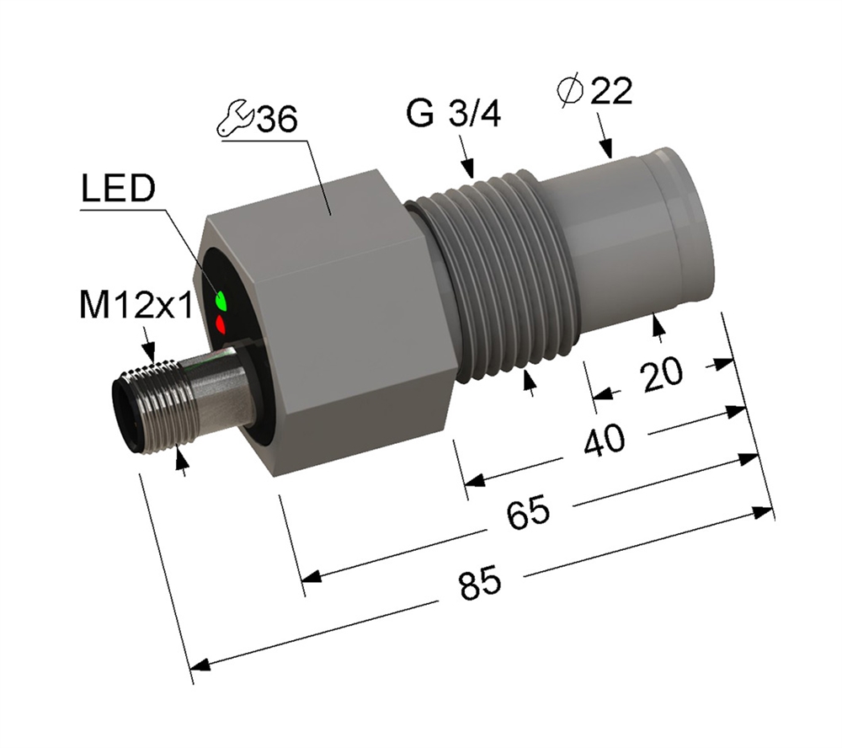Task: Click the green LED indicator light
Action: (x=221, y=300)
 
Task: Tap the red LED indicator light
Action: (x=220, y=324)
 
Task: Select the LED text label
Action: (x=119, y=189)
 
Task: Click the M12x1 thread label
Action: (x=136, y=307)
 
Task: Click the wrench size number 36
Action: (x=276, y=119)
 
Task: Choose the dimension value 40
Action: (x=605, y=440)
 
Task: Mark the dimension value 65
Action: (x=529, y=511)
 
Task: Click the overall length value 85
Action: (x=481, y=583)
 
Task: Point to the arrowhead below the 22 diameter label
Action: (x=607, y=148)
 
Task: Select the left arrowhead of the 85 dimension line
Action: (x=200, y=665)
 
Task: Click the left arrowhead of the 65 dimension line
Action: (x=312, y=576)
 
